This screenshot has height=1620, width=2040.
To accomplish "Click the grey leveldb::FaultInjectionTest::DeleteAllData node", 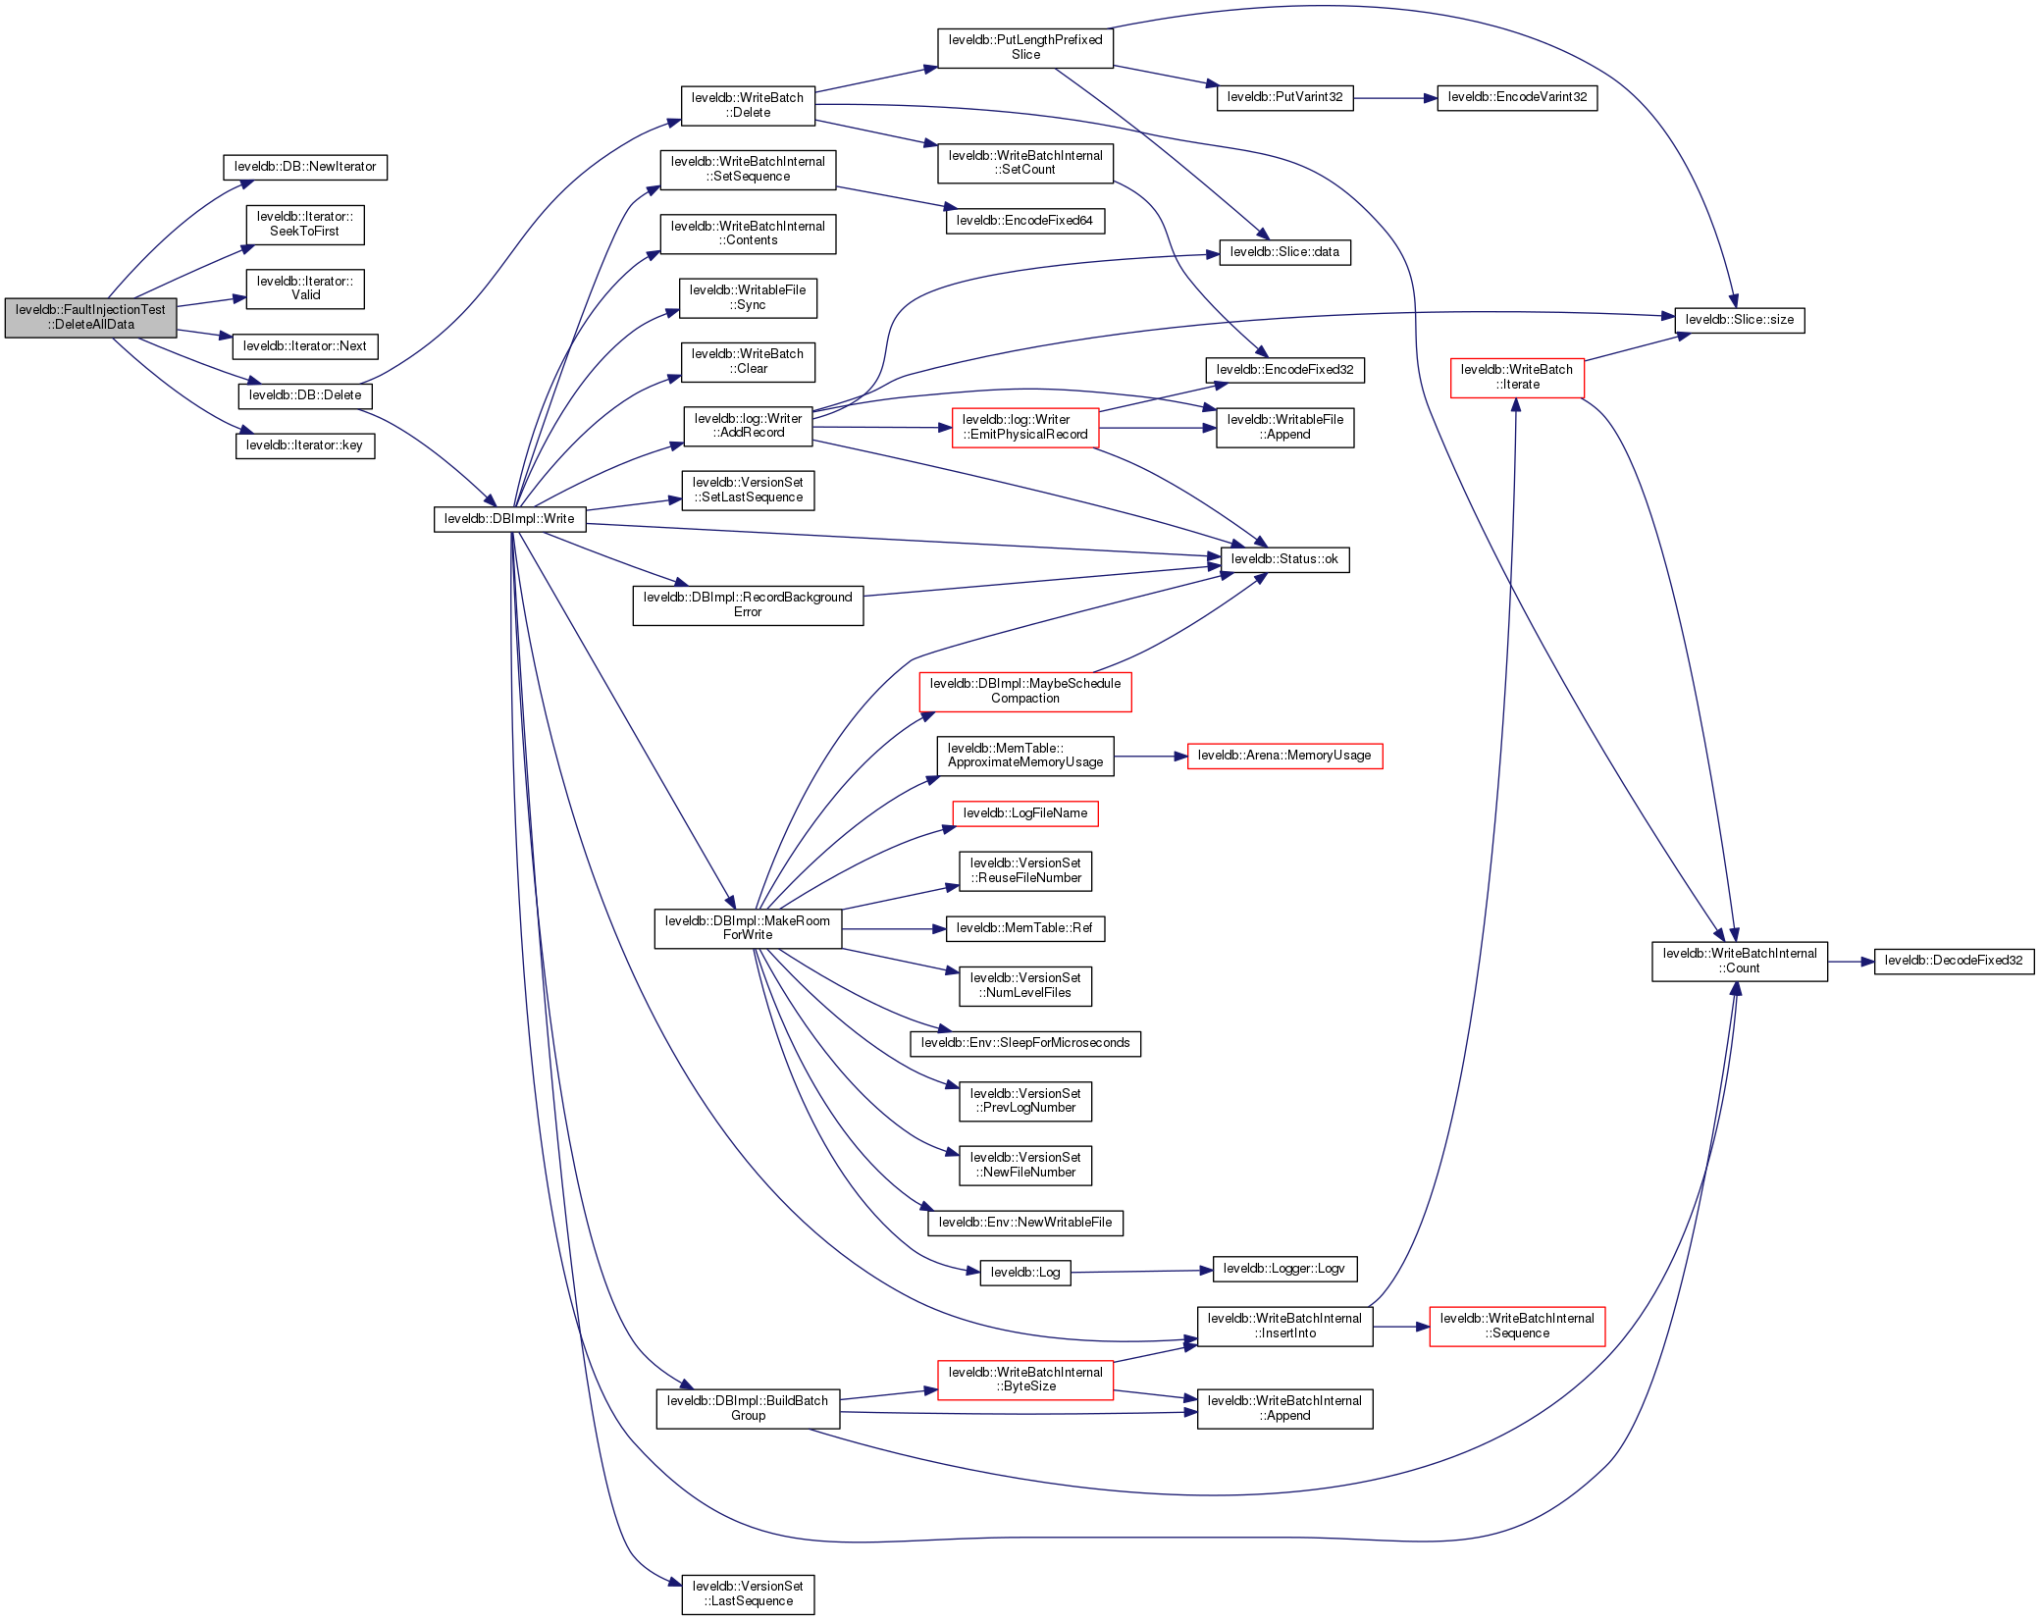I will point(90,317).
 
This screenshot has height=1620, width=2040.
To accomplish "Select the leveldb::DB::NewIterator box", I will point(305,167).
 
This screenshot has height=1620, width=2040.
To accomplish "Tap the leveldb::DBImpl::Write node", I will point(509,519).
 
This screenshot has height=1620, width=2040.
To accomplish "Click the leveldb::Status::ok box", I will point(1284,559).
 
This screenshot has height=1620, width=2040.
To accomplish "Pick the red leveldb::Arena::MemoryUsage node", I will point(1284,756).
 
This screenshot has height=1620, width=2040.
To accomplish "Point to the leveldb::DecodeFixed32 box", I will point(1953,961).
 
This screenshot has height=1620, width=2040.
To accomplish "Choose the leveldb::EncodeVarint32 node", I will point(1517,97).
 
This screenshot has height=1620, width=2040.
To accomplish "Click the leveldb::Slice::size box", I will point(1739,320).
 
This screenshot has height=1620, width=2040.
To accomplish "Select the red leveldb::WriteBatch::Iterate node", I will point(1517,377).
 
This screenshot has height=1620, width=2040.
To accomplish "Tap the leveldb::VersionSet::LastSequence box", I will point(748,1594).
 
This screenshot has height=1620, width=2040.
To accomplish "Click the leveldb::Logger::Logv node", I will point(1284,1269).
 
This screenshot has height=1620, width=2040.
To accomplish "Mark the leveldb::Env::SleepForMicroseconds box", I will point(1025,1043).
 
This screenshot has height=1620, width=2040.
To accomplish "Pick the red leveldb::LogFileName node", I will point(1025,813).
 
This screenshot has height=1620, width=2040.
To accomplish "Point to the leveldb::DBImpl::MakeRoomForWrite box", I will point(748,928).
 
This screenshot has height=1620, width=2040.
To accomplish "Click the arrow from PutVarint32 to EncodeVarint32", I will point(1394,98).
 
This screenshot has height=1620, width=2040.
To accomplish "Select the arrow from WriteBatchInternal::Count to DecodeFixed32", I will point(1851,962).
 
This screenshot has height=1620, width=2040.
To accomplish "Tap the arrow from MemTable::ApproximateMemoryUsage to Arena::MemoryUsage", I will point(1150,757).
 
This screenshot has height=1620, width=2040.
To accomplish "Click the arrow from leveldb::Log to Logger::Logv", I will point(1141,1272).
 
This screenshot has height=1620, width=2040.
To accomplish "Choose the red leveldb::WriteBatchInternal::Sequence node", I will point(1517,1326).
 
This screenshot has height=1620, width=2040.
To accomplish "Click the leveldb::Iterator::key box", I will point(305,445).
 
